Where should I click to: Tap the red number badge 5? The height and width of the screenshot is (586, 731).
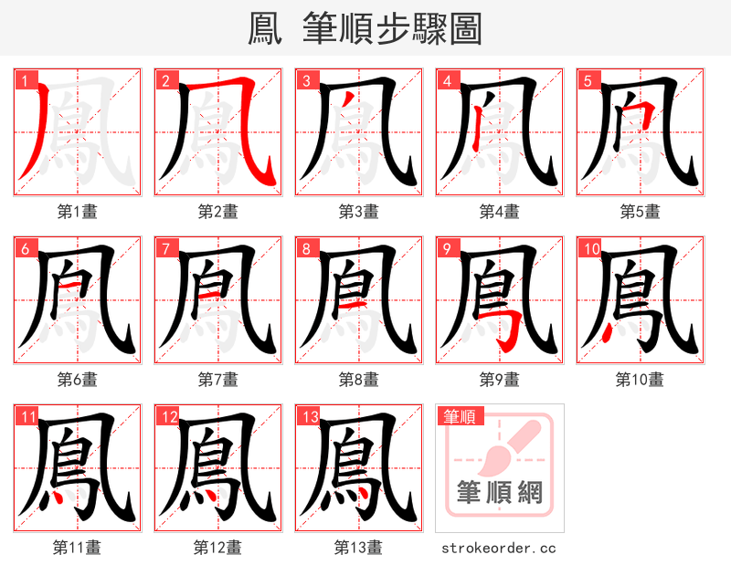pos(587,79)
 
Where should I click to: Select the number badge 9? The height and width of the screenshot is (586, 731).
pos(447,248)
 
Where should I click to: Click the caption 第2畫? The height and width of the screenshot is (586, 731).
pos(217,212)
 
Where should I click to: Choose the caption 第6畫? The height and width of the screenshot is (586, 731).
pos(77,380)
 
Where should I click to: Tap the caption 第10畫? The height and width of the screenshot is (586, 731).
pos(640,380)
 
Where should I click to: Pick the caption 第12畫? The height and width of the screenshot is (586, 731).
pos(217,548)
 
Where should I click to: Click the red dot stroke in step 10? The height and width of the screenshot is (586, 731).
pos(606,330)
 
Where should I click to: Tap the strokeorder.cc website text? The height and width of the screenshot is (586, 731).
pos(499,548)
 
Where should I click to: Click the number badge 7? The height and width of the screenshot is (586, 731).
pos(165,248)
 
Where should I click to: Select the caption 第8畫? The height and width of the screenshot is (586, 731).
pos(358,380)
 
